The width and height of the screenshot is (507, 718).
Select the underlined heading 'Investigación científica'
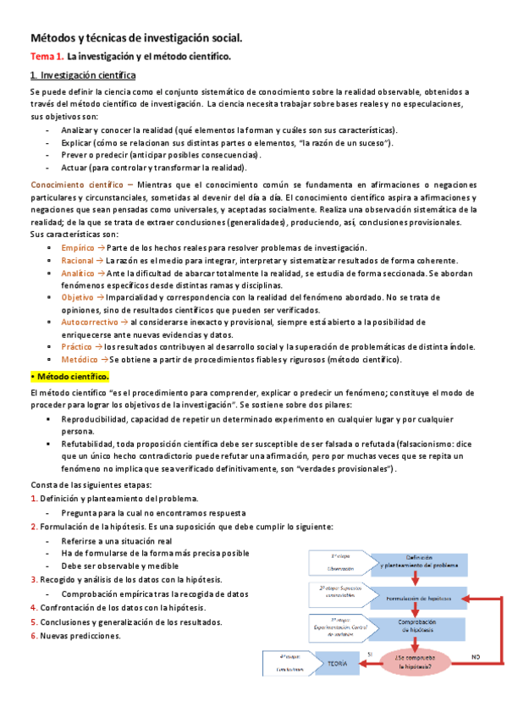(88, 75)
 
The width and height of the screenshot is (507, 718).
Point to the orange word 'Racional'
(77, 261)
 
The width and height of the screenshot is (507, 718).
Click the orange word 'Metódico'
(78, 360)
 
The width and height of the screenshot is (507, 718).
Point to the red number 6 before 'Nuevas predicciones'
(32, 636)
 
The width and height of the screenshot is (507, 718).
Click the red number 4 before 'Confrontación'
(32, 607)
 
